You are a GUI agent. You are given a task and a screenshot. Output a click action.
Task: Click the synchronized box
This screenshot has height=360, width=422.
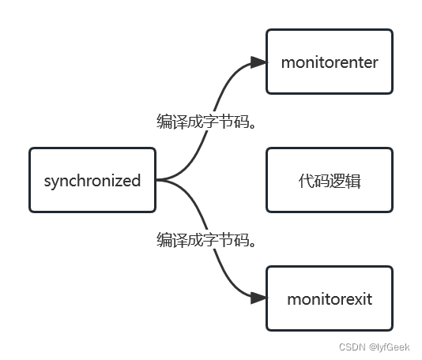(x=92, y=180)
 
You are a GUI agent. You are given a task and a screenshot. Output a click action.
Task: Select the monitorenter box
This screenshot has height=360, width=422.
(x=329, y=62)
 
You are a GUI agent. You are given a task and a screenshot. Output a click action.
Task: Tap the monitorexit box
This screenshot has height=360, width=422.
(x=329, y=298)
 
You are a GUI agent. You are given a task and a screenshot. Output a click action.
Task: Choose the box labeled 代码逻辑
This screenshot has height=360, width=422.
(x=329, y=180)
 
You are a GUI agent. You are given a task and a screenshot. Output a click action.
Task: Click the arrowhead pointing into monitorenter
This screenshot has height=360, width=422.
(x=258, y=62)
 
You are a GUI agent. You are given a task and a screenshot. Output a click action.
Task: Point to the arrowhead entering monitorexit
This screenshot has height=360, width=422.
(x=258, y=298)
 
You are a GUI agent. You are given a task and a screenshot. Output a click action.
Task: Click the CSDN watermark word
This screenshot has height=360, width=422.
(x=351, y=347)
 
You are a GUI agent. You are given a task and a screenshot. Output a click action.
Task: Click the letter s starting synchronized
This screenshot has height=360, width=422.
(x=47, y=181)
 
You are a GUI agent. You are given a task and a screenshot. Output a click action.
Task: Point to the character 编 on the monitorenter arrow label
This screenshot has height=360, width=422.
(x=165, y=122)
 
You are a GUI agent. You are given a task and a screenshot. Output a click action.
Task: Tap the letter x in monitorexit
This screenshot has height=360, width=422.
(x=352, y=299)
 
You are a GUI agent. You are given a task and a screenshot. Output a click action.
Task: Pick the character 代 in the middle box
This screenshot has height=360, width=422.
(x=305, y=180)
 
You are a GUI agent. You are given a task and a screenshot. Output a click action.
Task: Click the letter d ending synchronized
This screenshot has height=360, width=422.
(x=136, y=180)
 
